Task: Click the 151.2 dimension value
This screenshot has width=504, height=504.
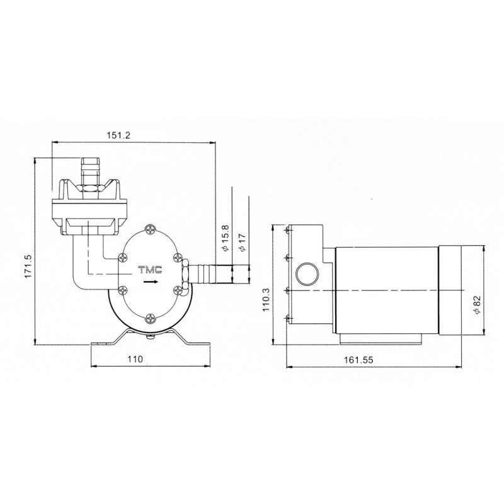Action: click(x=118, y=135)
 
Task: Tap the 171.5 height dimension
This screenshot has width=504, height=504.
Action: click(x=28, y=266)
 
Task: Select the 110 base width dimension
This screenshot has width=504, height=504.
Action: click(x=135, y=358)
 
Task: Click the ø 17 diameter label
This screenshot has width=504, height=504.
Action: click(x=242, y=242)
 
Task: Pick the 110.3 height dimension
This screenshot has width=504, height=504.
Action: click(x=266, y=300)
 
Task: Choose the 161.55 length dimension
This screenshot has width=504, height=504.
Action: click(x=358, y=360)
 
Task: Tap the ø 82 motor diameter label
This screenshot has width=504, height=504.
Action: click(x=477, y=305)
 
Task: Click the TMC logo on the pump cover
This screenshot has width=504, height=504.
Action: click(x=150, y=270)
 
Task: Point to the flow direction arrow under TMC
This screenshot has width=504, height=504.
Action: click(x=151, y=282)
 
